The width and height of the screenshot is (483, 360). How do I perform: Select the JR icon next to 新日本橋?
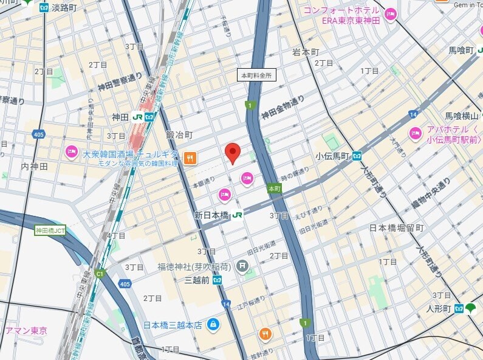point(237,215)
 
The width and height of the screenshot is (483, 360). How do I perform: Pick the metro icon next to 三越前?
point(217,279)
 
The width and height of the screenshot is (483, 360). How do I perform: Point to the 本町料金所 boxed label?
point(256,75)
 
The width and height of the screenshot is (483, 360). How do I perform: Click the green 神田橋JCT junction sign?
point(50,230)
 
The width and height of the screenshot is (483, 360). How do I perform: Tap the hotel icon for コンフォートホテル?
point(389,14)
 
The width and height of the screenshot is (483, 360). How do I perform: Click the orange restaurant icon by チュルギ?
point(190,158)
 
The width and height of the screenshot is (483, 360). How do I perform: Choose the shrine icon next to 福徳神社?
point(242,266)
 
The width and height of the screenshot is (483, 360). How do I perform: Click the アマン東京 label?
point(26,331)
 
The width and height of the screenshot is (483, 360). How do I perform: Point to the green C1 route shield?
point(100,273)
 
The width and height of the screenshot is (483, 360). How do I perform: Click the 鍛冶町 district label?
point(179,134)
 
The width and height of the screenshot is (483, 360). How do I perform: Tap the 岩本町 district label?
point(305,52)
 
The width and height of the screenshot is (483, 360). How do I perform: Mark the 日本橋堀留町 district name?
point(396,228)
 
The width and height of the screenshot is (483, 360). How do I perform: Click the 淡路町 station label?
point(64,7)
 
